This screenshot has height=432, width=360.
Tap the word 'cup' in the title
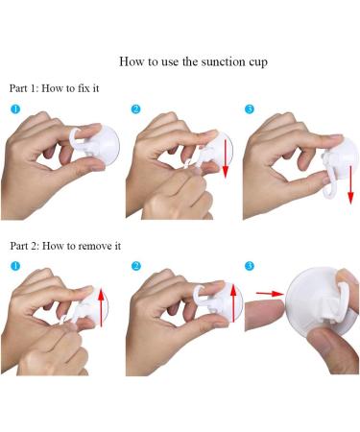[258, 62]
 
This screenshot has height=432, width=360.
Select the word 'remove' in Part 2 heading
[95, 246]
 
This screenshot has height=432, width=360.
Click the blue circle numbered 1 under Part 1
[15, 109]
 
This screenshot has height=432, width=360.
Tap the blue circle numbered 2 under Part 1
[135, 109]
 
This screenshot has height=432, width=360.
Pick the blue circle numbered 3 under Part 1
[250, 109]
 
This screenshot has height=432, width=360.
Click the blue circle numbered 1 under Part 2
[15, 266]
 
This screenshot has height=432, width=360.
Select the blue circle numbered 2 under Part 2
[136, 266]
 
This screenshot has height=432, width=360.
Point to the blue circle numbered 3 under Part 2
[250, 266]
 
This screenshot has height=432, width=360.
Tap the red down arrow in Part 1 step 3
[350, 184]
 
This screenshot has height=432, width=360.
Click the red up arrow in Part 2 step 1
[101, 307]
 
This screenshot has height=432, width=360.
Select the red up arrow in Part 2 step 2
[233, 302]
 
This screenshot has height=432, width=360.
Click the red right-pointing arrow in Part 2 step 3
[270, 293]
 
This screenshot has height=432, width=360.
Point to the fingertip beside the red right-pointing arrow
[266, 316]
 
